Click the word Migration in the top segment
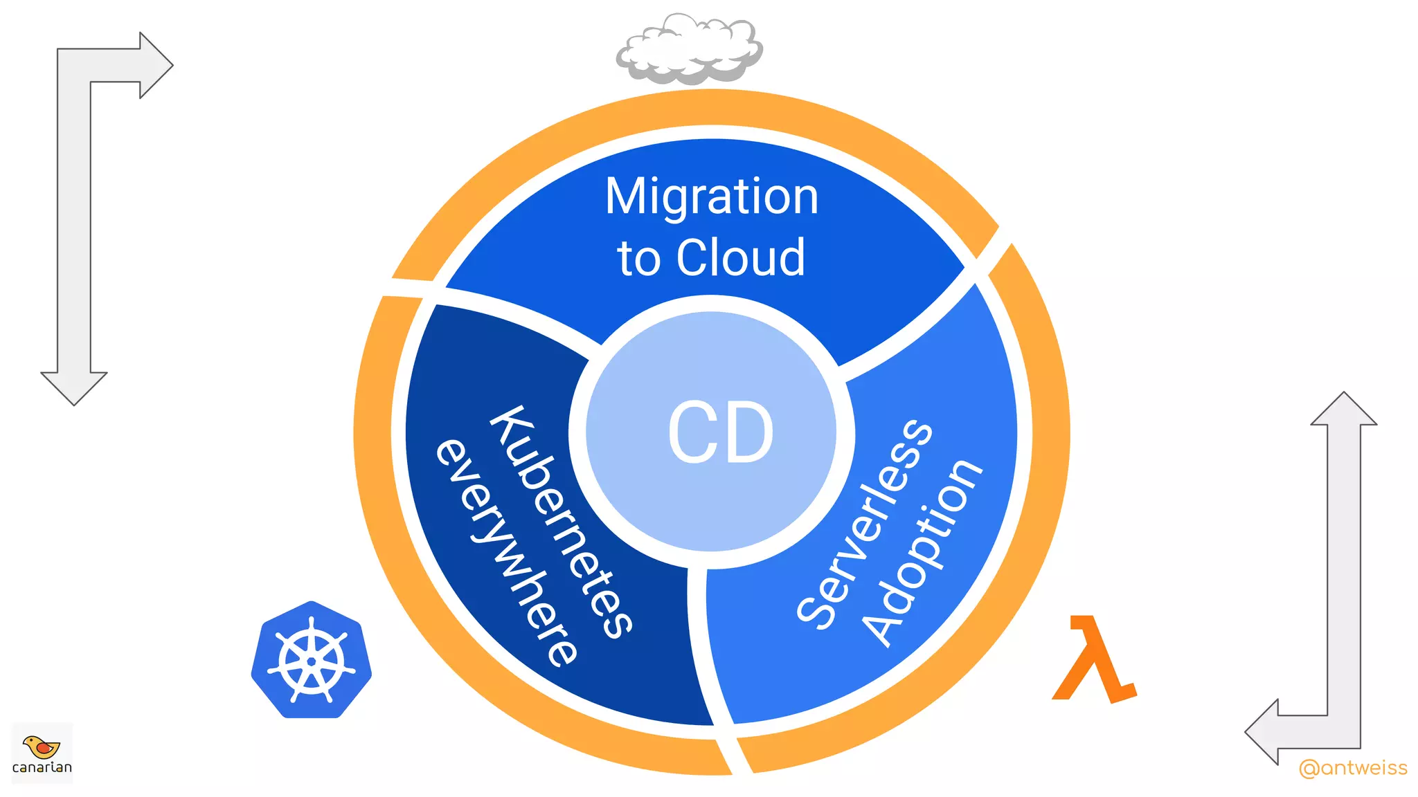[711, 197]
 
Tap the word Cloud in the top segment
[740, 258]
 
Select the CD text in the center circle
[720, 433]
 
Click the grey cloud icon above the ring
[690, 50]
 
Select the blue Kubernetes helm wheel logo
[312, 661]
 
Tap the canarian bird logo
[42, 747]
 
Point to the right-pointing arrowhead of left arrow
[156, 66]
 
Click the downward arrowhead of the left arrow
[74, 387]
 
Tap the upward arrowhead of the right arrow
[1343, 410]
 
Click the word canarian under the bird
[42, 767]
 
